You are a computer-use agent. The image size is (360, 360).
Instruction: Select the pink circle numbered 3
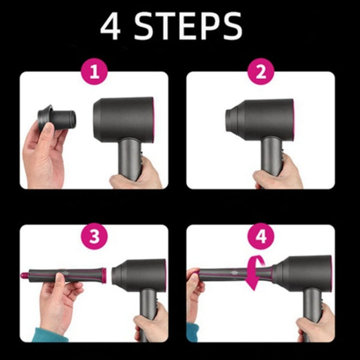coord(94,236)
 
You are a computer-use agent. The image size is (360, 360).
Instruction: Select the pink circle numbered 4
coord(260,236)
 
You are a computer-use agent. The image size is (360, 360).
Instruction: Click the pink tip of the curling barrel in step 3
coord(25,277)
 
